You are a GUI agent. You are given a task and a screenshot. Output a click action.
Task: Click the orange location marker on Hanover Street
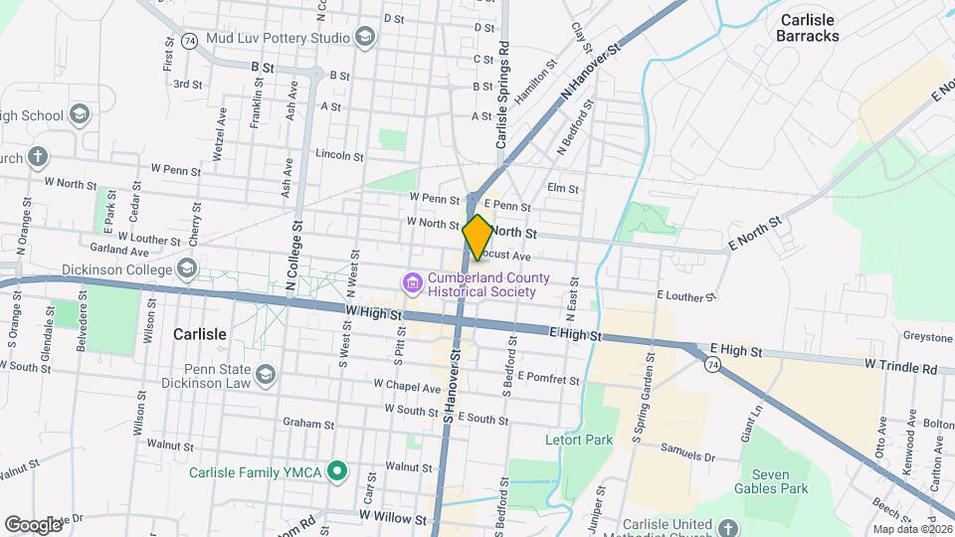[477, 237]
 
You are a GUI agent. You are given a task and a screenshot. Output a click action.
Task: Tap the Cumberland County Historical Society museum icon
[411, 285]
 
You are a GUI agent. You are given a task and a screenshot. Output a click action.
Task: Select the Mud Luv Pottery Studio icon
[365, 38]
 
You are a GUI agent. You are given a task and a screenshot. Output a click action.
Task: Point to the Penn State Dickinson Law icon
[265, 374]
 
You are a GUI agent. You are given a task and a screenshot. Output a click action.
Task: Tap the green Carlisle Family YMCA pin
[338, 471]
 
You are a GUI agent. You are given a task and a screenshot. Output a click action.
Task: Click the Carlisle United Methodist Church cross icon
[728, 527]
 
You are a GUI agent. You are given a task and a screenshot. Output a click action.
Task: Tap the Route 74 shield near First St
[189, 40]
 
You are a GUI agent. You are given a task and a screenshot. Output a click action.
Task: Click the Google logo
[33, 524]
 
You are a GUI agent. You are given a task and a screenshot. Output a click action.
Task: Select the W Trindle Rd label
[901, 367]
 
